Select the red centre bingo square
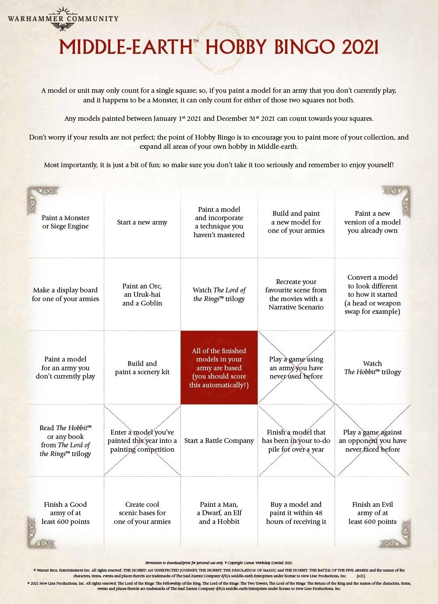(219, 368)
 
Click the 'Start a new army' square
(142, 222)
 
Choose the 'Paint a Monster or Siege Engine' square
(66, 222)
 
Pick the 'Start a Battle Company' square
(219, 441)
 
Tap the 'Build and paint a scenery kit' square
(142, 368)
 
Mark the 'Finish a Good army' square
(66, 513)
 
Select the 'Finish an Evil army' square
(373, 513)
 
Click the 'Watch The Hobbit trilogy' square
(373, 368)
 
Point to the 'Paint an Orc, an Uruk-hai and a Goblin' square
(142, 295)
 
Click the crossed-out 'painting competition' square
(142, 441)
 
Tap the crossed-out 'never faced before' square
(373, 441)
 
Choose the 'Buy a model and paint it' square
(296, 513)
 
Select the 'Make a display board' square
(66, 295)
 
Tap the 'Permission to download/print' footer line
(219, 563)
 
